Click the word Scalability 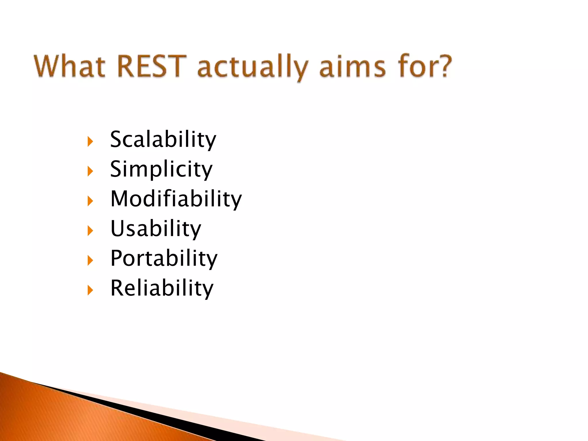pyautogui.click(x=163, y=140)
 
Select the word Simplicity pyautogui.click(x=161, y=169)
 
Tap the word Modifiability pyautogui.click(x=176, y=199)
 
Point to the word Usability pyautogui.click(x=156, y=229)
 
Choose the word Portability pyautogui.click(x=164, y=258)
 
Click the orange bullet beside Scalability pyautogui.click(x=90, y=142)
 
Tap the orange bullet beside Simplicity pyautogui.click(x=90, y=171)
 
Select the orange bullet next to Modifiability pyautogui.click(x=90, y=201)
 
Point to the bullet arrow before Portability pyautogui.click(x=90, y=260)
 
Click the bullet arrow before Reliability pyautogui.click(x=90, y=290)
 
